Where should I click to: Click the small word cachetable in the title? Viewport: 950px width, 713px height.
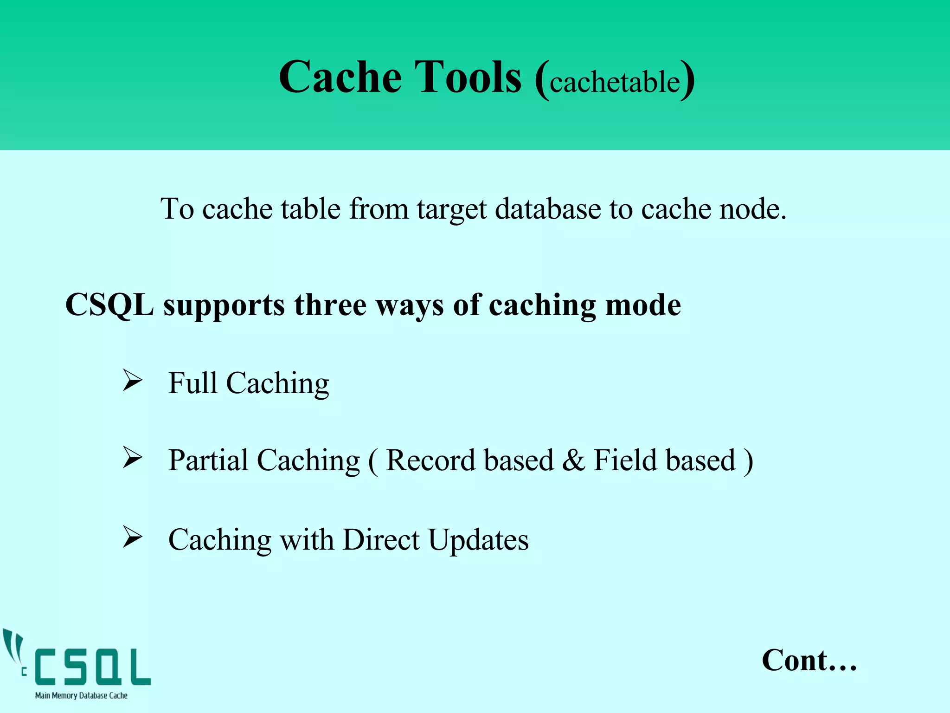[615, 83]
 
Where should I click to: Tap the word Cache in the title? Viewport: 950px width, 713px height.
[340, 77]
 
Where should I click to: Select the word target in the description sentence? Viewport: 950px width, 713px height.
[451, 210]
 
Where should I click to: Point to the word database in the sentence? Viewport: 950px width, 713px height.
[548, 209]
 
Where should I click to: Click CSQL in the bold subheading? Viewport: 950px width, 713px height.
[109, 305]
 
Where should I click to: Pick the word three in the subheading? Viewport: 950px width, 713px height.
[330, 305]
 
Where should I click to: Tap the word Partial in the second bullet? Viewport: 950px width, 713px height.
[208, 460]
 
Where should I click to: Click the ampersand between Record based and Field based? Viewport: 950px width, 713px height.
[574, 460]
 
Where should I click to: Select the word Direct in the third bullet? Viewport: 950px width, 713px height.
[381, 540]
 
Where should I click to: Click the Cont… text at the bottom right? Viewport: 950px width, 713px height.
[809, 660]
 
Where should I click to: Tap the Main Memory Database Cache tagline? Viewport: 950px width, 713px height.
[81, 695]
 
